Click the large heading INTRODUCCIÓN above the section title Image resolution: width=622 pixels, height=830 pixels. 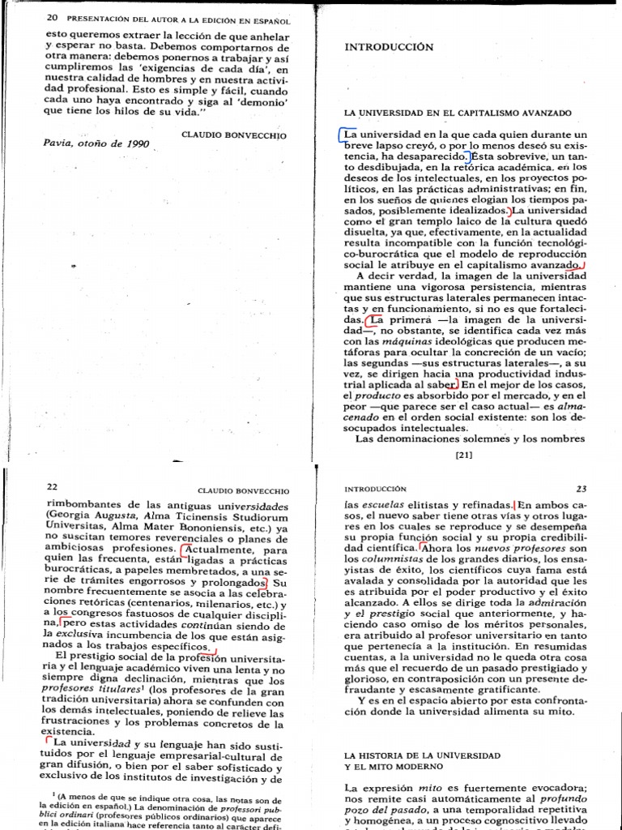click(x=389, y=47)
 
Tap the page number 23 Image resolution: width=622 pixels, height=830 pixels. click(x=580, y=490)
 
